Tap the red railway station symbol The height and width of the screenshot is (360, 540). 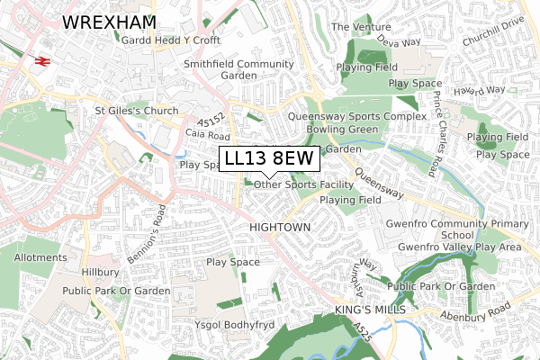click(40, 60)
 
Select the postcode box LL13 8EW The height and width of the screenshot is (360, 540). click(269, 158)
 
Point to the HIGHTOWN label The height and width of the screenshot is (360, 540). click(280, 228)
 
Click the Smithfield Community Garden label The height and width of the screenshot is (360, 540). click(238, 70)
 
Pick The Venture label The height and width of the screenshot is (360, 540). click(360, 27)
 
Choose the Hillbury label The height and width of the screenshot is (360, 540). click(95, 271)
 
